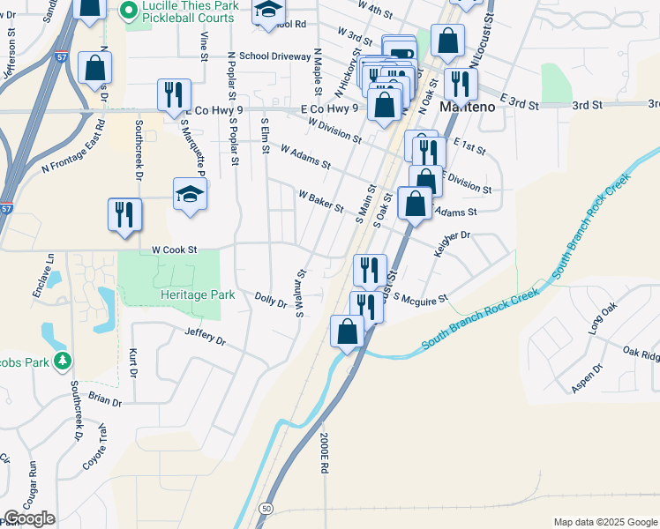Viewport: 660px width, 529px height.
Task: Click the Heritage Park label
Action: point(198,294)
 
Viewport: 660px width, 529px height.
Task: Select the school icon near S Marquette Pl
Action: point(190,196)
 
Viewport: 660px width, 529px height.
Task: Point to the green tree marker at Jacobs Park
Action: point(62,361)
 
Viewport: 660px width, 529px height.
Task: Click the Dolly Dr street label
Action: point(271,302)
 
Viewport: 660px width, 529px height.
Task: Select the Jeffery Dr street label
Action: point(206,336)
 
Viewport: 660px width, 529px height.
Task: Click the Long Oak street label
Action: point(604,319)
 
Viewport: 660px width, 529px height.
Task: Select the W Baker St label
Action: point(320,200)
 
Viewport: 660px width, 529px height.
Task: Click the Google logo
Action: point(29,518)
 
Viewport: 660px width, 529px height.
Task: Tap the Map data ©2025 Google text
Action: point(604,522)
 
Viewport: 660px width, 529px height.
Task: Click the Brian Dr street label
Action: point(104,399)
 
